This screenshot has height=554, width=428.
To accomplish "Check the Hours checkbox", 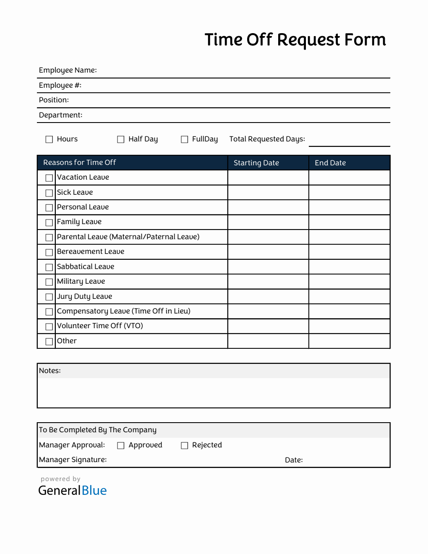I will tap(49, 139).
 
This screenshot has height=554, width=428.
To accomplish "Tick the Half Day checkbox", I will tap(121, 139).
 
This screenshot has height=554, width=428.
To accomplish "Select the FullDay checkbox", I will tap(184, 139).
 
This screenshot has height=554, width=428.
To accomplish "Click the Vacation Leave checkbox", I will tap(49, 178).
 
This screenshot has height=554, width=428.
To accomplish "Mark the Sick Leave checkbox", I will tap(49, 193).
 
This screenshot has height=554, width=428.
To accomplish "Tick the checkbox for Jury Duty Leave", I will tap(49, 297).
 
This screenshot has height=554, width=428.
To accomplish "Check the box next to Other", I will tap(49, 341).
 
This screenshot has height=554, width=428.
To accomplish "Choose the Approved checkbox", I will tap(121, 445).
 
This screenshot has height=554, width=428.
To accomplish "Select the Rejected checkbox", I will tap(184, 445).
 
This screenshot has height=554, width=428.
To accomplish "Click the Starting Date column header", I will tap(256, 163).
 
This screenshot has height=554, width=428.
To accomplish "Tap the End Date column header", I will tap(330, 163).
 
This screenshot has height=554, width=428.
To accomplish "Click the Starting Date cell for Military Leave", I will tap(268, 282).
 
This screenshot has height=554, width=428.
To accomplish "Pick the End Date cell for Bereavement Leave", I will tap(349, 252).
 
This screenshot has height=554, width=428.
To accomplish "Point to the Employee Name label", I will tap(68, 70).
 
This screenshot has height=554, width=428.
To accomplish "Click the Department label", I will tap(60, 115).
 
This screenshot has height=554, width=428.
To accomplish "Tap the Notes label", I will tap(50, 371).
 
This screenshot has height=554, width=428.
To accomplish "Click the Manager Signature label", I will tap(73, 460).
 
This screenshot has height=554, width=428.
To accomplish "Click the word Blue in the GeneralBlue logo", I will tap(94, 491).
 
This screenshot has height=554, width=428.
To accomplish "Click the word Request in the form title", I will tap(308, 40).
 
